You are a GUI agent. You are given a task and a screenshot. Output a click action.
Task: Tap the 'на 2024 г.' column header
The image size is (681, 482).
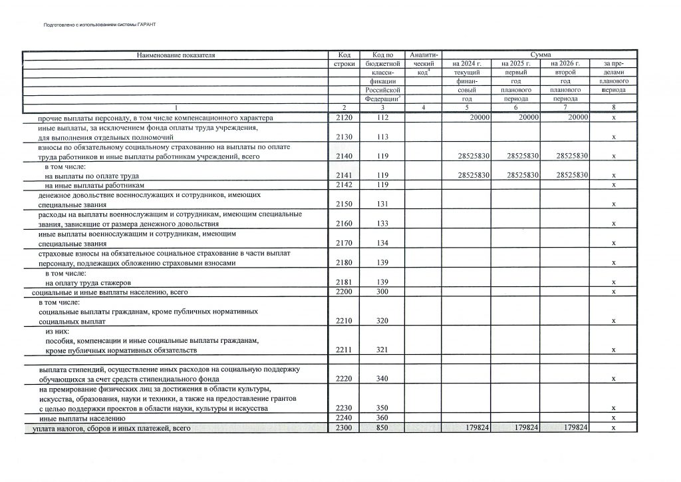(x=467, y=63)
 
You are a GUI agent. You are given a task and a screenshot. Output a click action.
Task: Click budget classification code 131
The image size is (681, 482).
(x=381, y=204)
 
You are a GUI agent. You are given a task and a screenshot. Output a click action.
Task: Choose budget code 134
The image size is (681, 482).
(x=381, y=243)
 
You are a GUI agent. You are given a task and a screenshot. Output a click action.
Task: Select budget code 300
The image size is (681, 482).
(x=381, y=292)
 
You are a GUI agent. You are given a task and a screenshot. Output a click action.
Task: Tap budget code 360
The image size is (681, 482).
(x=381, y=417)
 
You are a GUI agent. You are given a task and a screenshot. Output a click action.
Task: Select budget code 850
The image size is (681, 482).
(x=381, y=427)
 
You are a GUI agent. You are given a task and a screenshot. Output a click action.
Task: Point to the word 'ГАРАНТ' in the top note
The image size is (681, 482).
(x=145, y=25)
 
